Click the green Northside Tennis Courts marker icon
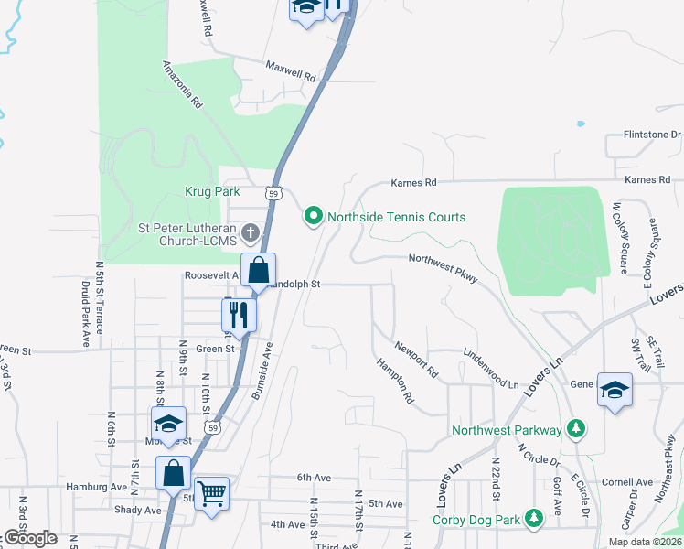click(x=314, y=217)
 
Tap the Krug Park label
click(x=214, y=192)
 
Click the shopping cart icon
click(x=211, y=494)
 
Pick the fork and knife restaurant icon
click(x=239, y=315)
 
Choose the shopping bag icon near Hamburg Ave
click(x=173, y=473)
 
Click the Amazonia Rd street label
click(x=182, y=85)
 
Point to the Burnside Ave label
click(x=262, y=370)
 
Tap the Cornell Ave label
click(x=625, y=481)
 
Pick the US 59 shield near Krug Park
click(x=273, y=193)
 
